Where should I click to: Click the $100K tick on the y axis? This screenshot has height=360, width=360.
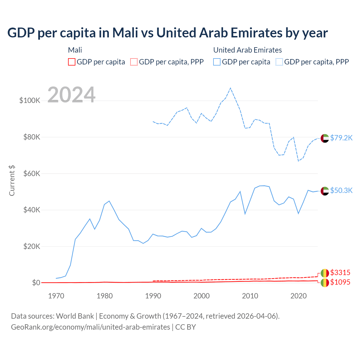(x=30, y=101)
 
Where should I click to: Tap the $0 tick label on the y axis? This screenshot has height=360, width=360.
(x=36, y=283)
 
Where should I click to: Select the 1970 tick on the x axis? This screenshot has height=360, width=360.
(x=56, y=296)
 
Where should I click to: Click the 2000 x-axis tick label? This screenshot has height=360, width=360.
(x=202, y=296)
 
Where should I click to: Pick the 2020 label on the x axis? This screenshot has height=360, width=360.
(x=298, y=296)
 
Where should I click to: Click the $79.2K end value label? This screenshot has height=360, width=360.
(x=341, y=138)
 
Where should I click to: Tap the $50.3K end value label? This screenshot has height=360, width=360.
(x=341, y=190)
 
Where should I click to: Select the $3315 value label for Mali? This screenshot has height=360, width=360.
(x=340, y=273)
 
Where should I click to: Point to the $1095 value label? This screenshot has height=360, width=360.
(x=340, y=282)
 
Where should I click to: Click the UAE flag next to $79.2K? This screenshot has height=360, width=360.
(x=325, y=138)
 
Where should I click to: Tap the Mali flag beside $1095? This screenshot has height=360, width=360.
(x=325, y=283)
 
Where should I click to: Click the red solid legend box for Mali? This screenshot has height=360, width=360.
(x=72, y=62)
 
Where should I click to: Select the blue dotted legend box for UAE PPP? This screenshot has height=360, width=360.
(x=279, y=62)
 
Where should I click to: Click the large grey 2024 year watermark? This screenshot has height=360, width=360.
(x=71, y=95)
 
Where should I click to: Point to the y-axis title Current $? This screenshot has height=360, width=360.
(x=12, y=181)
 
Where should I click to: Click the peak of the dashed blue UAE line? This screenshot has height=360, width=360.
(x=230, y=88)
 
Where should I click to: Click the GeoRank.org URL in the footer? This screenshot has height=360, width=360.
(x=90, y=327)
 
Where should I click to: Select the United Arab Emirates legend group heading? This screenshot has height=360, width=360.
(x=247, y=50)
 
